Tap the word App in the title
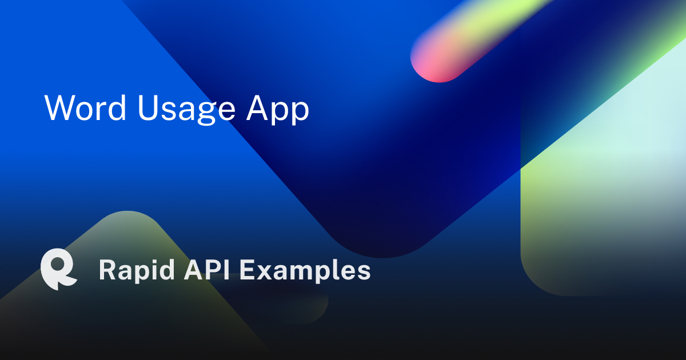(x=278, y=109)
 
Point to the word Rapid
(x=135, y=270)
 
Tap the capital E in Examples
(x=247, y=270)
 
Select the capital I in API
(x=227, y=270)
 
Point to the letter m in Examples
(x=299, y=272)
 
